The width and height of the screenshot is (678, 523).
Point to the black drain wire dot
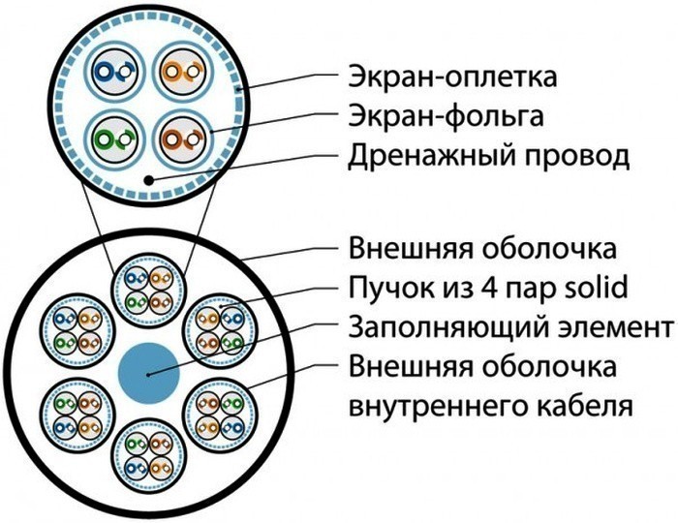point(147,180)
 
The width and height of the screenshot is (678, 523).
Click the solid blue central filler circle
point(148,372)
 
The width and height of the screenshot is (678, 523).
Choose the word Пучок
point(383,288)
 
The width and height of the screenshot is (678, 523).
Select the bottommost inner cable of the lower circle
point(148,452)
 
